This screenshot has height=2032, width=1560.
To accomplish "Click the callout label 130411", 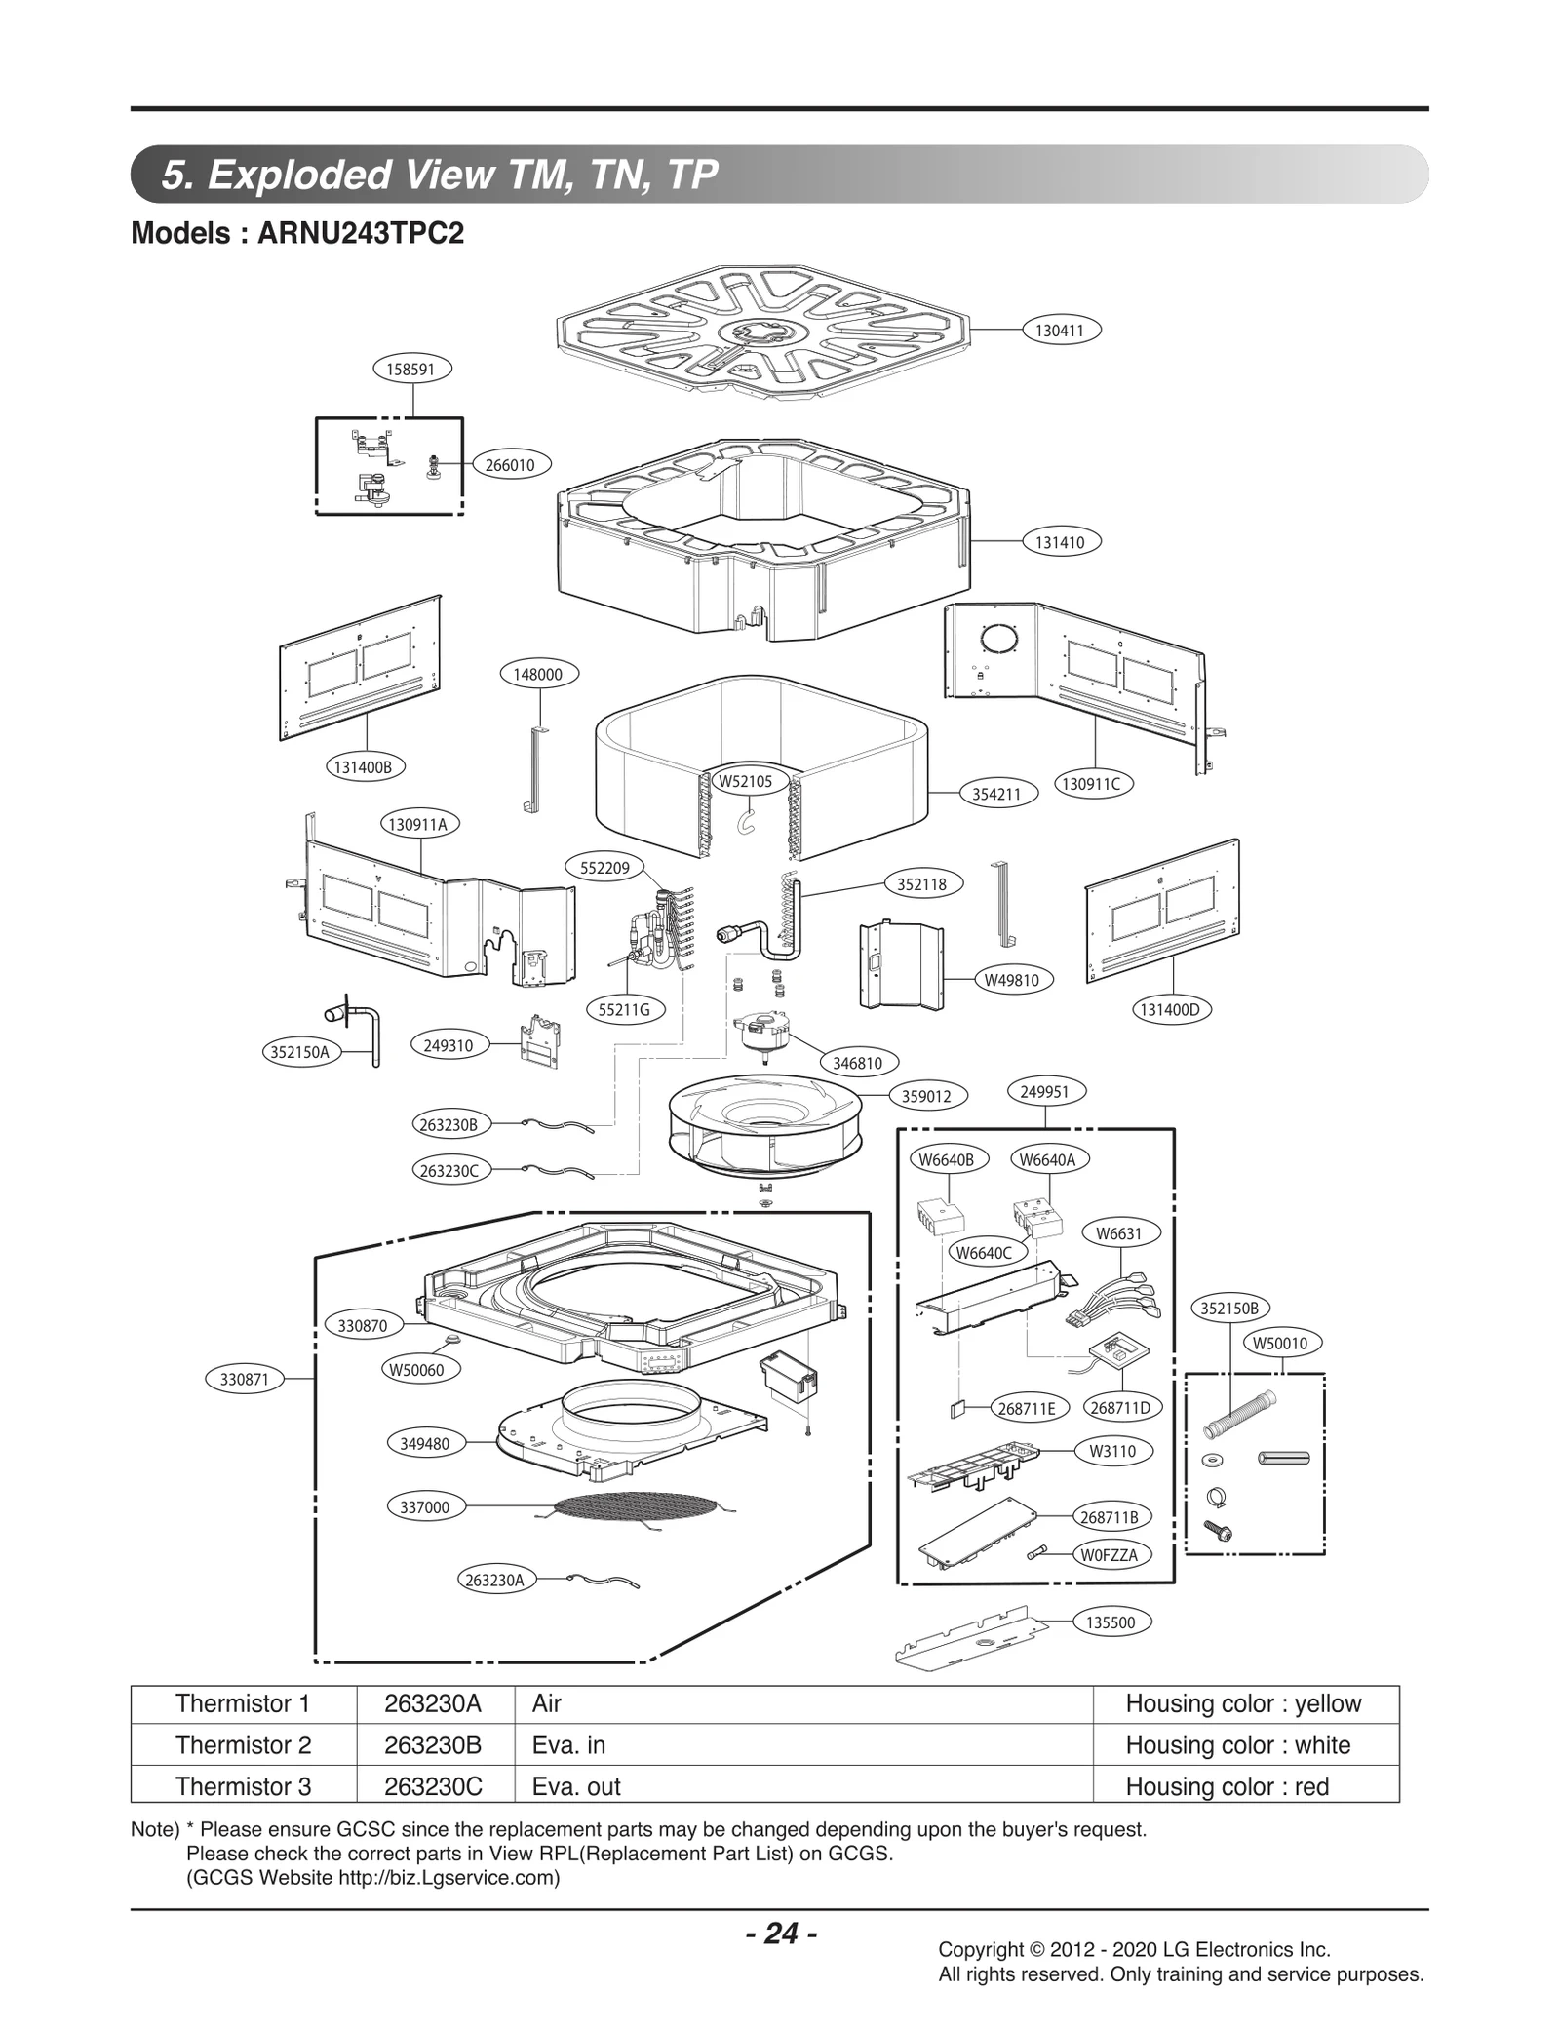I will click(1060, 331).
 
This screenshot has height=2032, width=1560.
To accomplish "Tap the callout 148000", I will click(538, 674).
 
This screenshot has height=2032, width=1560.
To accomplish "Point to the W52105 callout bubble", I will click(745, 781).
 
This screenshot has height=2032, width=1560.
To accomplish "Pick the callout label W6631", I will click(1118, 1233).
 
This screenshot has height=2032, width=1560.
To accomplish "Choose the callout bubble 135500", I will click(1111, 1622).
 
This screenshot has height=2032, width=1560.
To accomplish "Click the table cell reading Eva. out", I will click(576, 1786).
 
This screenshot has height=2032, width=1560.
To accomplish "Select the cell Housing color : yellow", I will click(1243, 1703).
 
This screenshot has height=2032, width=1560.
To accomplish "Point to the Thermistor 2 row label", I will click(243, 1745).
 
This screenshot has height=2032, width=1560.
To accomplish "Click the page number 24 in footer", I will click(781, 1933).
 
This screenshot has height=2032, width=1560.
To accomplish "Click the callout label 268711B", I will click(1110, 1517).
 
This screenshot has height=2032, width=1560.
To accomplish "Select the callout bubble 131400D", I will click(1170, 1010).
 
